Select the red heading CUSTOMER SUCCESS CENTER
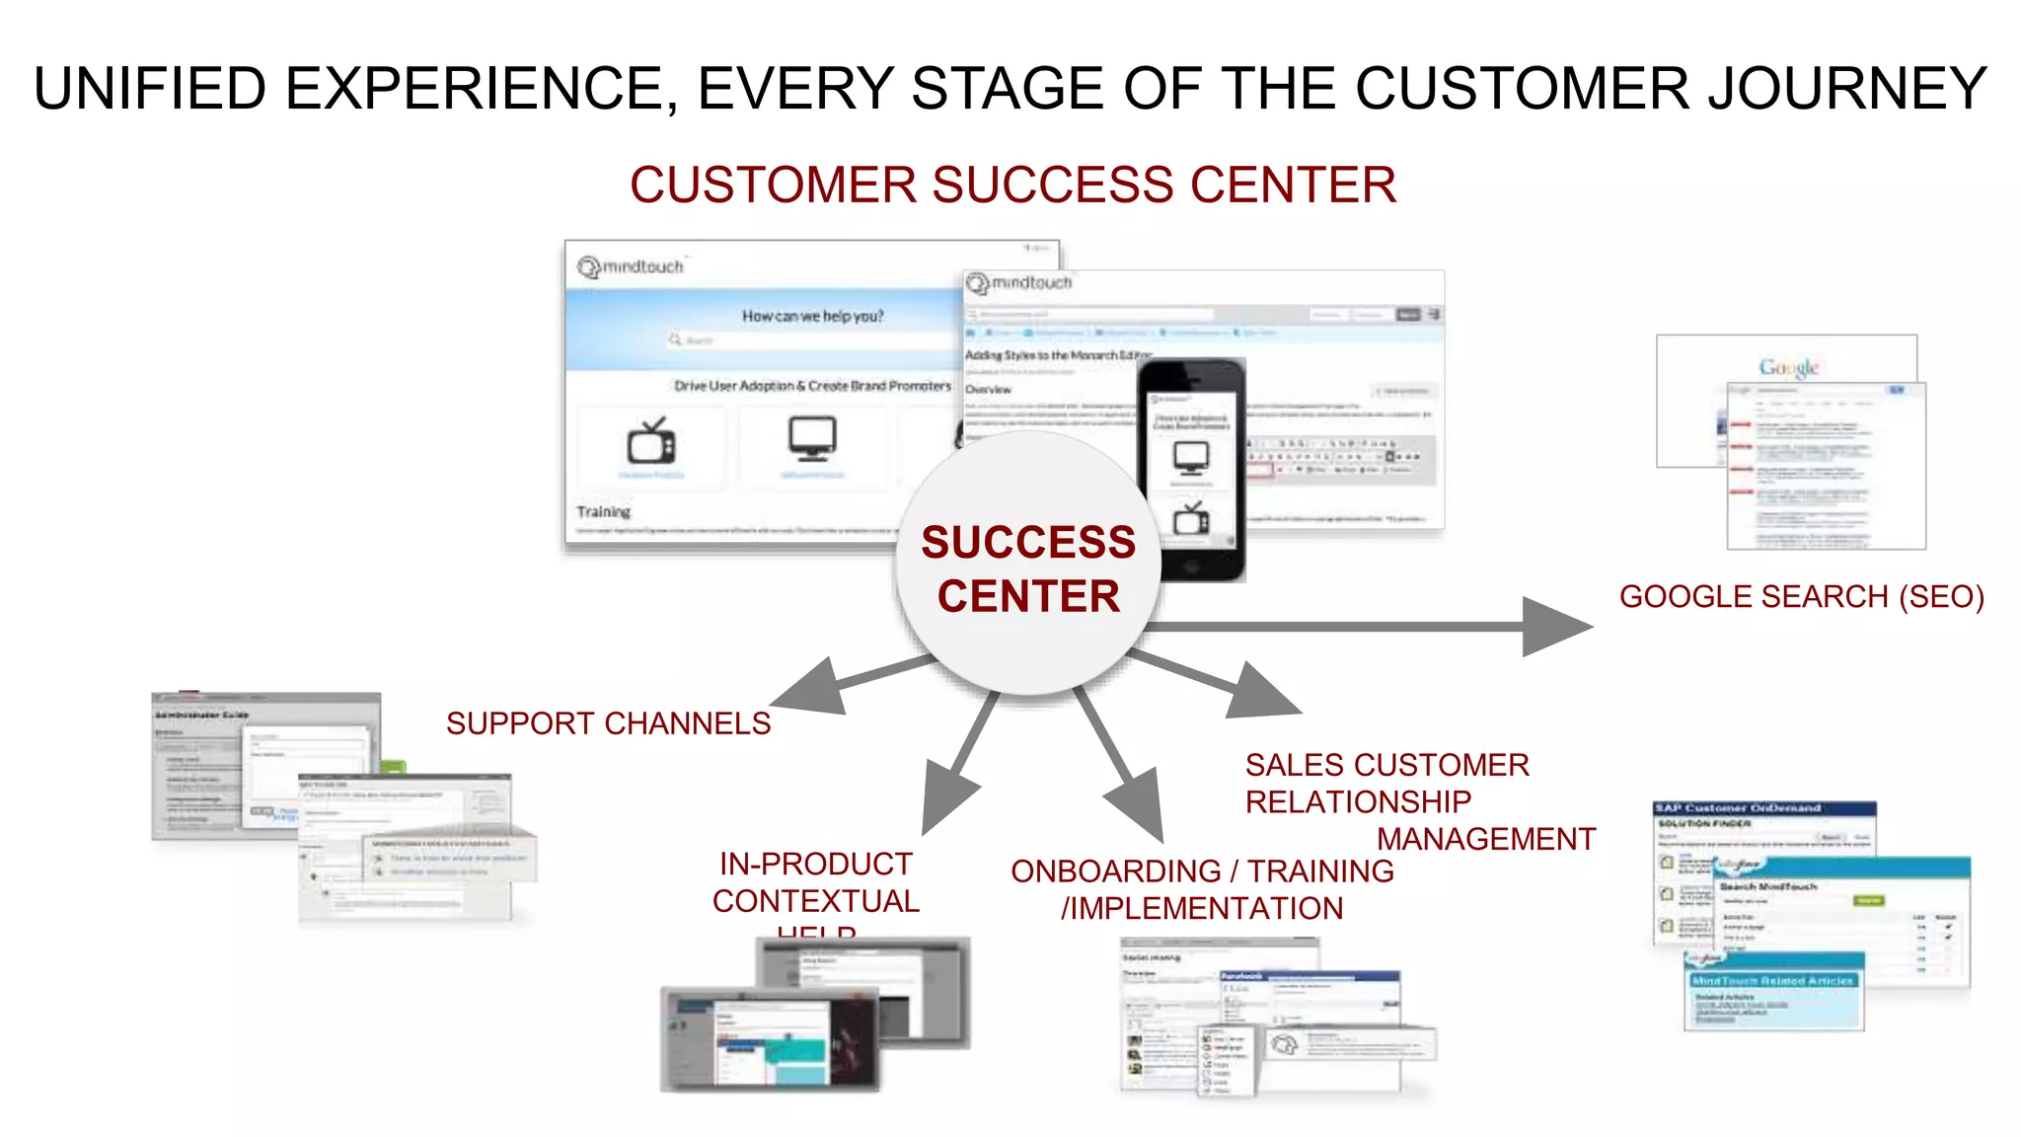click(1012, 185)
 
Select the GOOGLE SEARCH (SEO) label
click(1801, 596)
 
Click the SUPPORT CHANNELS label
click(608, 723)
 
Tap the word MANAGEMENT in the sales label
click(1485, 839)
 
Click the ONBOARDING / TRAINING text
click(1201, 872)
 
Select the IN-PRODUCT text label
click(815, 864)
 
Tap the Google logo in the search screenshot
click(1788, 367)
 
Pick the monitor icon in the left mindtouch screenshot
click(812, 438)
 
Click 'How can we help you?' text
click(812, 316)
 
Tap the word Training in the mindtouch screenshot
click(603, 511)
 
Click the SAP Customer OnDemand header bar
click(1763, 808)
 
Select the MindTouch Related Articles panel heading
click(1772, 980)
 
